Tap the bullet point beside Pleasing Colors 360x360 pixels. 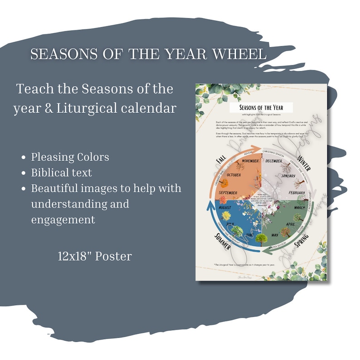click(x=24, y=158)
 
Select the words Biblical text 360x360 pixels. click(x=62, y=173)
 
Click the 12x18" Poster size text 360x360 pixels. click(x=95, y=256)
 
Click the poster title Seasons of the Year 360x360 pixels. click(x=260, y=107)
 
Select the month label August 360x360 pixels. click(x=225, y=207)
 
